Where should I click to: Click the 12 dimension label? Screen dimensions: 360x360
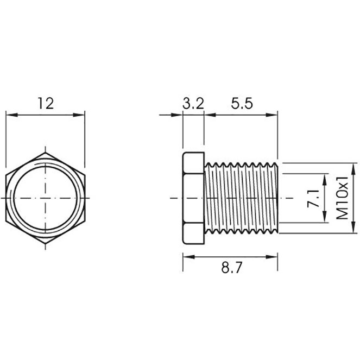46,104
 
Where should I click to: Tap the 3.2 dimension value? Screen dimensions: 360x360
193,104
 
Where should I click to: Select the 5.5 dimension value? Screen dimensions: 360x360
242,104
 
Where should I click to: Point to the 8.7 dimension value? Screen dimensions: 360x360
231,268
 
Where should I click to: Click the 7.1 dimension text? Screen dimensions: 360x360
314,198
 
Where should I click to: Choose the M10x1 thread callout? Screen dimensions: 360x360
342,198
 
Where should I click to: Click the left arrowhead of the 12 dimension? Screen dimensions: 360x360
12,115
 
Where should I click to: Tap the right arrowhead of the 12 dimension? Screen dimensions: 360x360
79,115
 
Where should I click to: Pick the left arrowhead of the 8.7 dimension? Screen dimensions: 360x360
189,257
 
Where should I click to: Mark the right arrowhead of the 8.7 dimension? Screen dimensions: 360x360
272,257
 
